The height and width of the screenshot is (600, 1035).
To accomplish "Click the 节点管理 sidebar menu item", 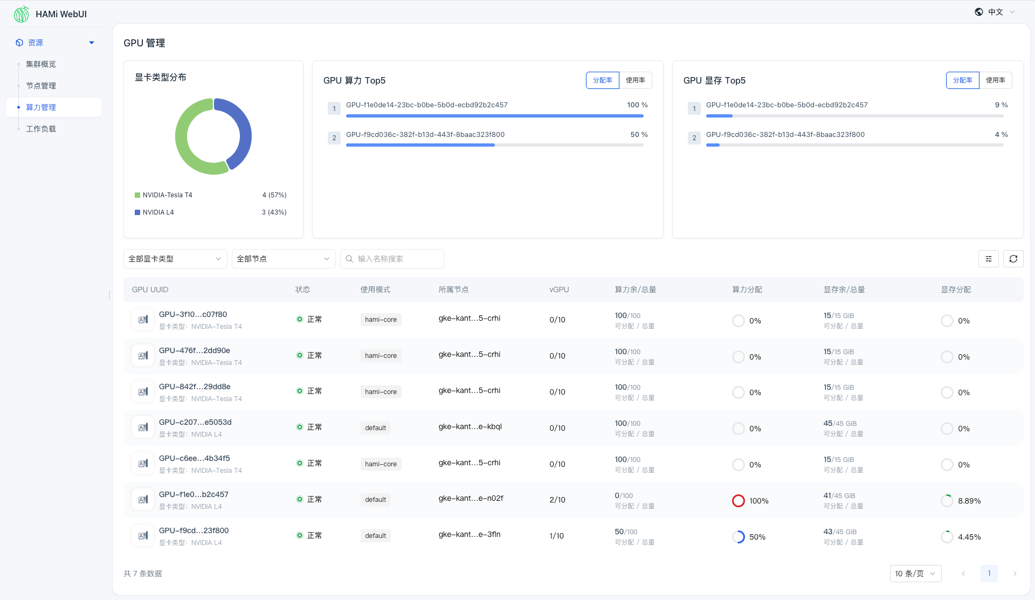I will [41, 86].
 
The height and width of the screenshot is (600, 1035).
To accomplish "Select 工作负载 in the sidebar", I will [41, 129].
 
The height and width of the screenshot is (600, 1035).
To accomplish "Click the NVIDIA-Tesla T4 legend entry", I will [167, 195].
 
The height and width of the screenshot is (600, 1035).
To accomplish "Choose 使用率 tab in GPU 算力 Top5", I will [635, 80].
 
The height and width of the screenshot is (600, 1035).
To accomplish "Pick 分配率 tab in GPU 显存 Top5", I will [962, 80].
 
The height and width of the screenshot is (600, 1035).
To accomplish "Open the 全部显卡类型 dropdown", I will [175, 259].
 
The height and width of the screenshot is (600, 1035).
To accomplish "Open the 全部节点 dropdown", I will [283, 259].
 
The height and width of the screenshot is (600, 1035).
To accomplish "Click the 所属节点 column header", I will [453, 289].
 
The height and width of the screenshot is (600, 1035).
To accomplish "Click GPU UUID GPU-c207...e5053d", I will [195, 422].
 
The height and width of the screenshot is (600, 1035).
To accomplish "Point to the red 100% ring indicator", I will [738, 501].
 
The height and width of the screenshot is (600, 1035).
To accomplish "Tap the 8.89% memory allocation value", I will [969, 501].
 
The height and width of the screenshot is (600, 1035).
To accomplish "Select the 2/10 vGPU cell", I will [557, 500].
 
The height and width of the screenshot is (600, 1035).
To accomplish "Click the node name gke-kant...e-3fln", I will [469, 534].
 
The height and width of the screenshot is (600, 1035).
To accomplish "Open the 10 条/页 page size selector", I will [915, 574].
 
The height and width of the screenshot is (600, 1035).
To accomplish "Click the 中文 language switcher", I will [995, 12].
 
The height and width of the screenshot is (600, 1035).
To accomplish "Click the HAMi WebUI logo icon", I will [22, 14].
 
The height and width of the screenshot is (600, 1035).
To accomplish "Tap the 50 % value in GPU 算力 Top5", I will [639, 135].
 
